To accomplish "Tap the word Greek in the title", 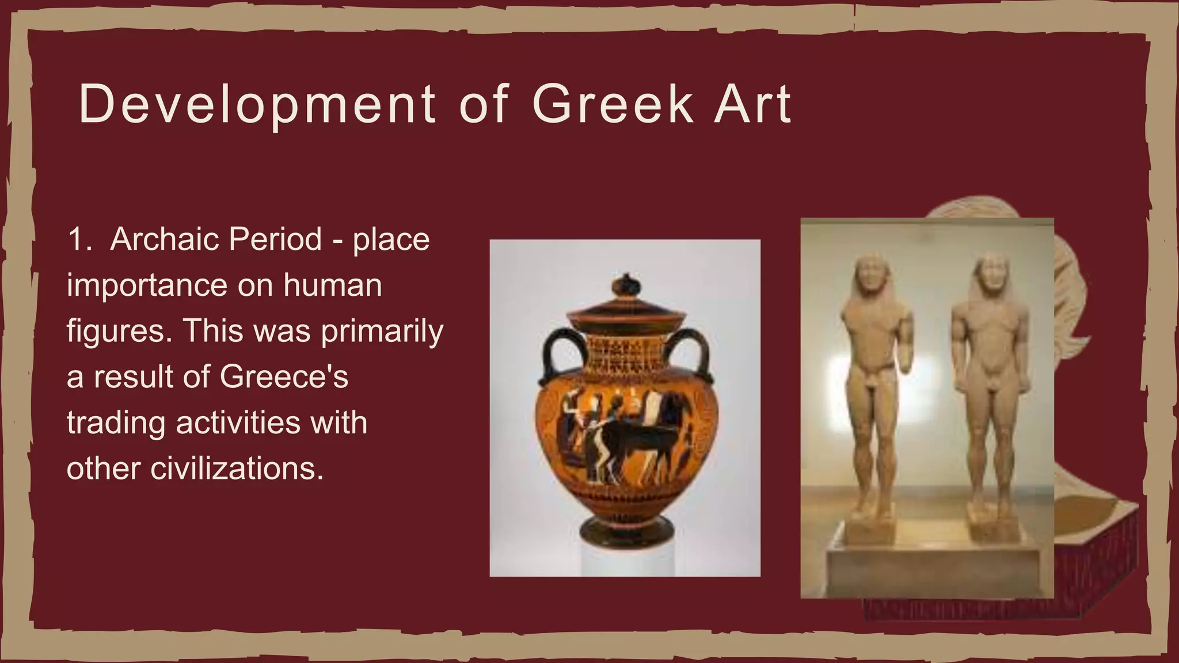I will (x=613, y=105).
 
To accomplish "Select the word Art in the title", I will (x=753, y=105).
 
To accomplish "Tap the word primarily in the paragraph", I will (x=382, y=331).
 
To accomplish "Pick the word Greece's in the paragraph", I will (x=284, y=377).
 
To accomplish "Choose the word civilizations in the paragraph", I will (x=233, y=468).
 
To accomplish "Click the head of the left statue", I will (x=872, y=277).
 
